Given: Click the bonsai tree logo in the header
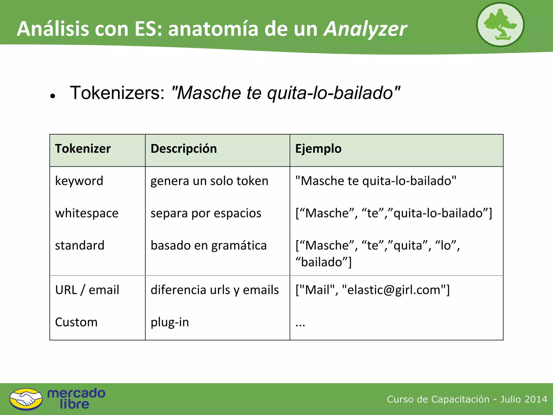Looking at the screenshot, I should click(x=500, y=25).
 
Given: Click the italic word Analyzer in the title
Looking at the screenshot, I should click(x=365, y=29).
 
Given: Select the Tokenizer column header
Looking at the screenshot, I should click(x=83, y=149).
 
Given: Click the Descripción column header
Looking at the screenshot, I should click(x=184, y=149).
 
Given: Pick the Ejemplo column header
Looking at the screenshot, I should click(x=318, y=149).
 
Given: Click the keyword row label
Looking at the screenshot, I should click(x=79, y=181).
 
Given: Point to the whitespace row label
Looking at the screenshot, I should click(x=87, y=213).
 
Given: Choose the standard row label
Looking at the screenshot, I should click(x=80, y=245).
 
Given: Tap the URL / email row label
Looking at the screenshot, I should click(x=87, y=290).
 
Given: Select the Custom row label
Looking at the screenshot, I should click(x=76, y=322).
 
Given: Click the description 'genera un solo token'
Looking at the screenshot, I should click(x=209, y=181).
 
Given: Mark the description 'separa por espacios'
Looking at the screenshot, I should click(x=206, y=213).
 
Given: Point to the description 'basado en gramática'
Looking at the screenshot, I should click(x=208, y=245).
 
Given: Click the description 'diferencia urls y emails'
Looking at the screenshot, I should click(x=215, y=290).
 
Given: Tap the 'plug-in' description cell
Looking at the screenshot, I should click(x=170, y=322).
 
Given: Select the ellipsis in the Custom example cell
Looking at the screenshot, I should click(x=300, y=324).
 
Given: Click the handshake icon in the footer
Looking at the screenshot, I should click(x=26, y=399).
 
